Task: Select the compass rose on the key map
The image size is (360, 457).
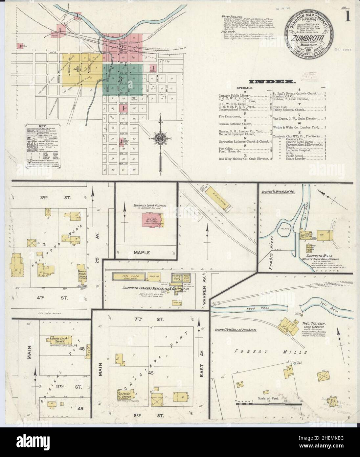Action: point(160,137)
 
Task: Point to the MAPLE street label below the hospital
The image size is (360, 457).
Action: point(142,253)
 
